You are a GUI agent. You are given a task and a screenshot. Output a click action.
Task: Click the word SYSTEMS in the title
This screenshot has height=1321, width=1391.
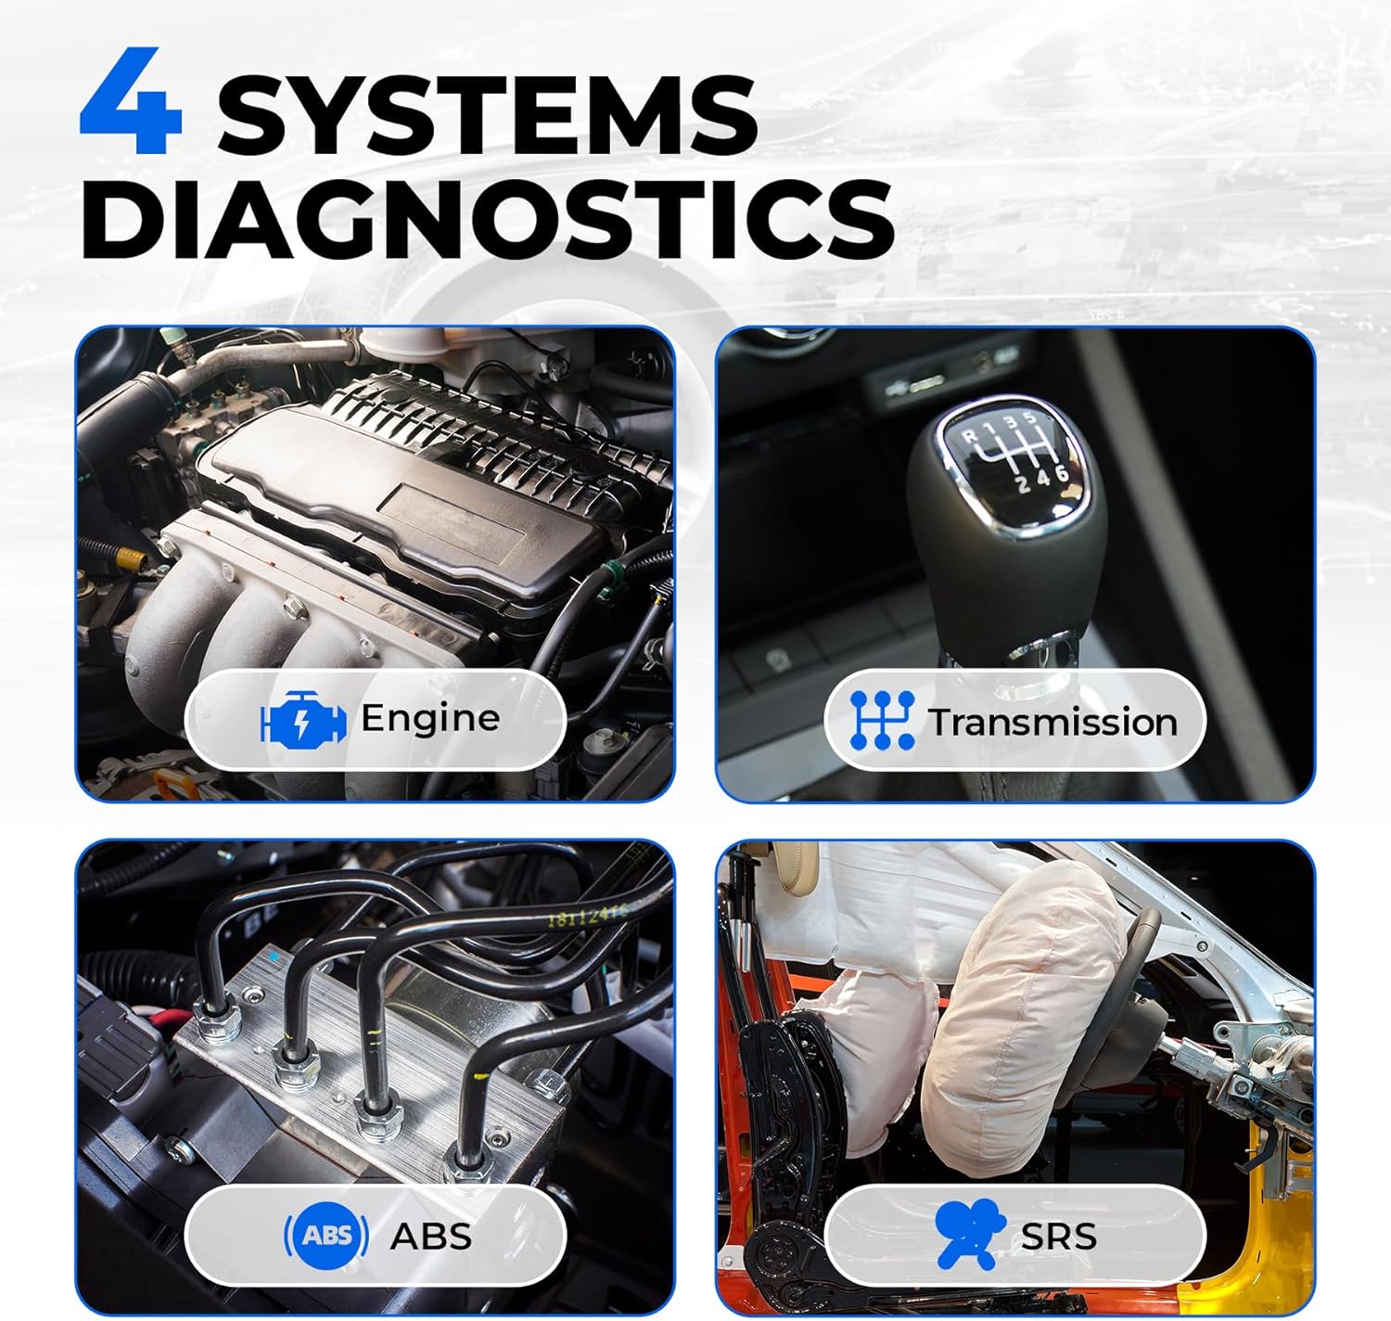487,116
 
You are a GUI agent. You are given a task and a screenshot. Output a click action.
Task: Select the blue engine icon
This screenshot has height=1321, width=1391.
303,720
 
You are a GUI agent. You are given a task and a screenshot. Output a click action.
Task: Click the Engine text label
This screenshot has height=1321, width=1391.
429,718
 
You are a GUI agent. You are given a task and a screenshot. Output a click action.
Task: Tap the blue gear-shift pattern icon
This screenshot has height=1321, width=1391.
882,720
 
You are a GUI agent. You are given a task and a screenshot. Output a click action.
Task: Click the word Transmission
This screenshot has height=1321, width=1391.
1053,722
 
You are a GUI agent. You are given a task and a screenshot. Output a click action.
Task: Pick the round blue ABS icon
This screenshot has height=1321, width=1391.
325,1236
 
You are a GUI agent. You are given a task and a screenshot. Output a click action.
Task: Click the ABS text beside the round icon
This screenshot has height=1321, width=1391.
430,1237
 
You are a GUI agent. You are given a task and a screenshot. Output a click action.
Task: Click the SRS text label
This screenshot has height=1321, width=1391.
1058,1237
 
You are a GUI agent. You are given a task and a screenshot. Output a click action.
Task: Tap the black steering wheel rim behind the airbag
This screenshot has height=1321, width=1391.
1150,946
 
